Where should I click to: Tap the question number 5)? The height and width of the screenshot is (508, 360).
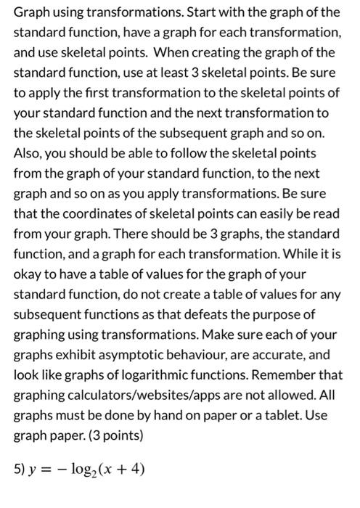click(x=21, y=468)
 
